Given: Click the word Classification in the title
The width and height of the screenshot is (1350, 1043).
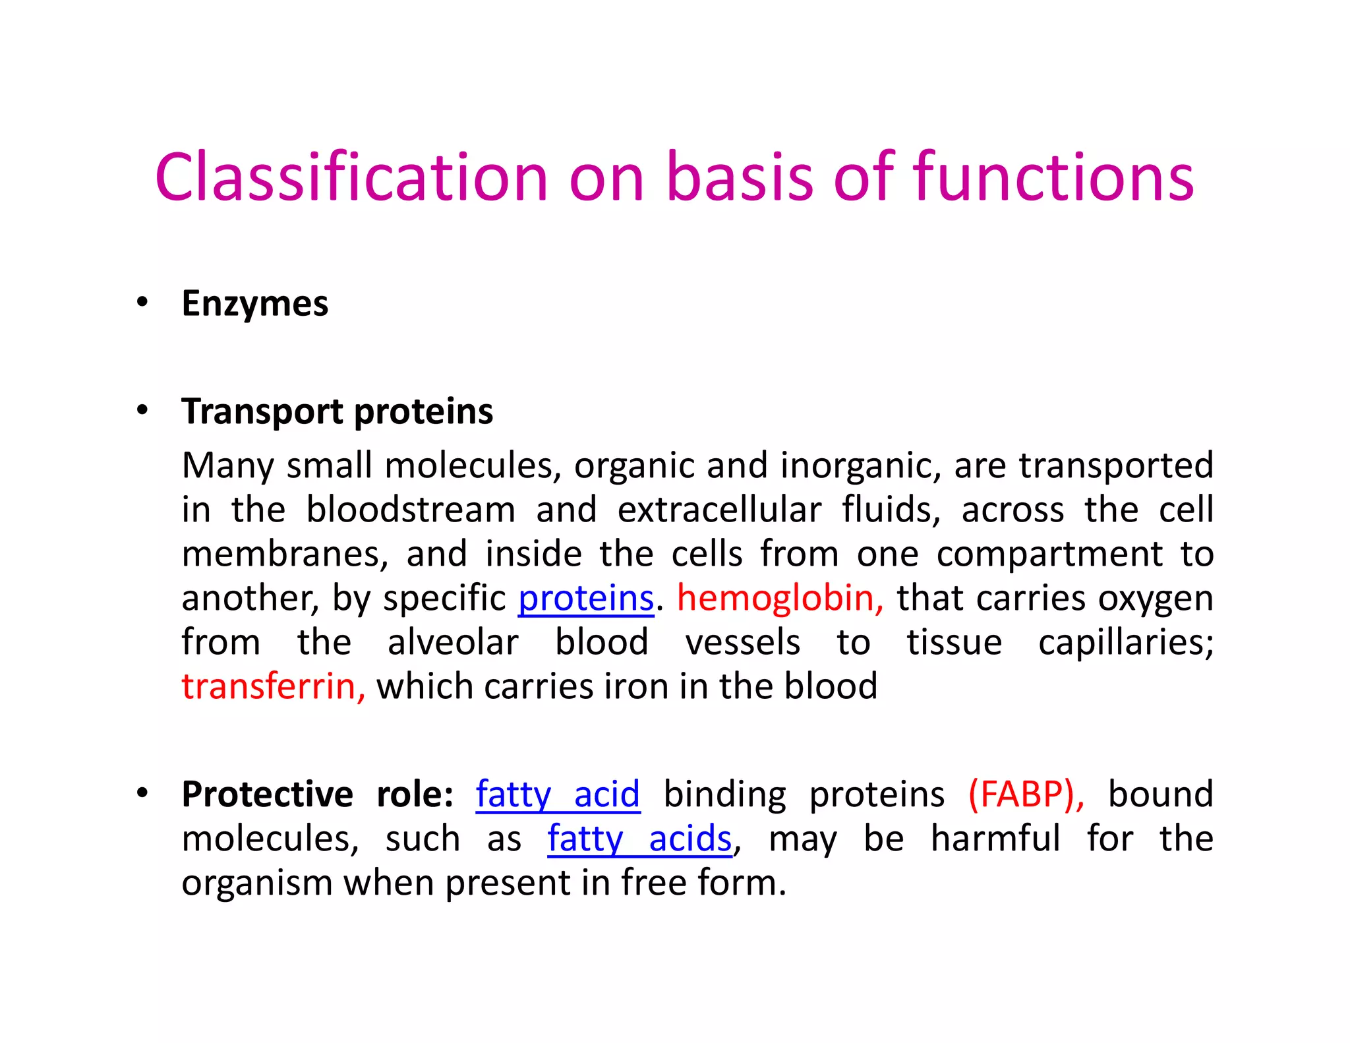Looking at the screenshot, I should click(351, 177).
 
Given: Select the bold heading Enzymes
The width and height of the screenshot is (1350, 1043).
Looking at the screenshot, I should click(254, 304).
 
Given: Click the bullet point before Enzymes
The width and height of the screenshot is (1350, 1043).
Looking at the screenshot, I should click(142, 303).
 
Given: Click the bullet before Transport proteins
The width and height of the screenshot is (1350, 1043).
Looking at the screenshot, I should click(142, 411).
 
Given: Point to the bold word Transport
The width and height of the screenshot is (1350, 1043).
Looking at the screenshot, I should click(262, 412).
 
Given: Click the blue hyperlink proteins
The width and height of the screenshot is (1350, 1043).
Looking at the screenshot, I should click(585, 599).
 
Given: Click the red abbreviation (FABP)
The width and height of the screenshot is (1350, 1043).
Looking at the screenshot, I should click(1024, 794).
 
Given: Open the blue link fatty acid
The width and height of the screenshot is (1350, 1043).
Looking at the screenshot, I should click(558, 794).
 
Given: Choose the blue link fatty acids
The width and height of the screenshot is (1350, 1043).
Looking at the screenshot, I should click(639, 839).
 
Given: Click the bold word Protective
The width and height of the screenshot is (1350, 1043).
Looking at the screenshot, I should click(267, 794).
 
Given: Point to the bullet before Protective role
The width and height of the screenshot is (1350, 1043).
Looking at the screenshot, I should click(142, 793).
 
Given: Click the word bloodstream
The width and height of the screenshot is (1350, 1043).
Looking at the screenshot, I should click(411, 510).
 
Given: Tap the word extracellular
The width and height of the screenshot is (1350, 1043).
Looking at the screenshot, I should click(719, 510).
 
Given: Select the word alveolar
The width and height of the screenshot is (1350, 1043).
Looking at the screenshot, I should click(453, 643).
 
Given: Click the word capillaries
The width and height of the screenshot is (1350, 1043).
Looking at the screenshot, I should click(1125, 643).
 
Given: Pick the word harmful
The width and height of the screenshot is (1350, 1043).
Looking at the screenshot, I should click(995, 839).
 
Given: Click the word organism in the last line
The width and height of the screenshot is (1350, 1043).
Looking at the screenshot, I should click(256, 883).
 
